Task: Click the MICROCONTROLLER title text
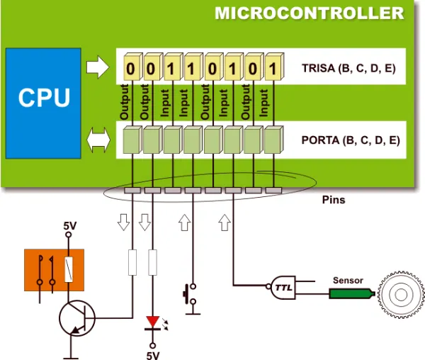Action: click(x=309, y=13)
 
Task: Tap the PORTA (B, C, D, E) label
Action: click(x=350, y=140)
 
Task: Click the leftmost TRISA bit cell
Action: click(x=132, y=68)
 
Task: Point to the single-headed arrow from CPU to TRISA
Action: click(x=97, y=68)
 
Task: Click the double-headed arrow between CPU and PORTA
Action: click(x=97, y=140)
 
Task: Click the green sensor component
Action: click(x=349, y=292)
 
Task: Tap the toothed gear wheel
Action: click(x=400, y=293)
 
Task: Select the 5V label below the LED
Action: click(x=153, y=354)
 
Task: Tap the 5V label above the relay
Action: click(x=69, y=226)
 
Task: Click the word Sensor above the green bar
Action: click(x=348, y=281)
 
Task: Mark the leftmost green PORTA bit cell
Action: click(x=132, y=139)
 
